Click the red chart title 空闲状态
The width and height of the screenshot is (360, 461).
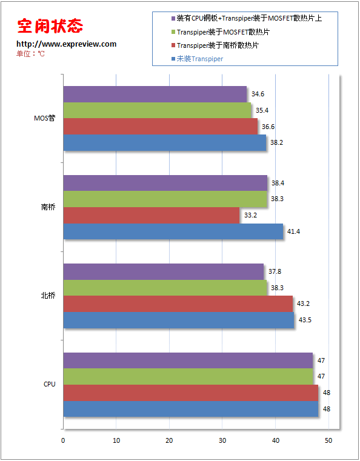click(x=50, y=26)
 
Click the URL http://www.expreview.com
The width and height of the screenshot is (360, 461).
click(x=67, y=44)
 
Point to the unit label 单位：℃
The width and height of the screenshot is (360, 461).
click(x=30, y=54)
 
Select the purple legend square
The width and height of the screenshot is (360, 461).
click(x=173, y=19)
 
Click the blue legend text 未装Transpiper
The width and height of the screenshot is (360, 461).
click(x=200, y=59)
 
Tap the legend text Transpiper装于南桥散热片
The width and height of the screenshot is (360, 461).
click(x=218, y=45)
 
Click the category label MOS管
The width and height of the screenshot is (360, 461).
click(x=44, y=118)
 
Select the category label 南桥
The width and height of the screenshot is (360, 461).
click(x=48, y=207)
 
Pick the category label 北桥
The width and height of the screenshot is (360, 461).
click(x=48, y=296)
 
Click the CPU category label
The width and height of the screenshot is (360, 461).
click(x=50, y=384)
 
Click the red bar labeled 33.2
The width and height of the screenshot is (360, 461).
click(x=152, y=215)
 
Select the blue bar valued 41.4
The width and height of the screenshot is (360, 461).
click(x=173, y=231)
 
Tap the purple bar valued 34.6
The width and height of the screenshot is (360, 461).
click(x=155, y=94)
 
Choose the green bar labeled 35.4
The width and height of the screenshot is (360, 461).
click(x=158, y=110)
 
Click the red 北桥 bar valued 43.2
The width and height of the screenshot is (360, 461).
click(x=178, y=303)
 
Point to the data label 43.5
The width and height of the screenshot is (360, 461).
click(x=305, y=320)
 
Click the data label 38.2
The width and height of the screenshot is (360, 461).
click(x=276, y=142)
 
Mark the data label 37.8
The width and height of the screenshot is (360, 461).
click(x=275, y=271)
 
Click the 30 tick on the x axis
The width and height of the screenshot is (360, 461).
click(x=222, y=440)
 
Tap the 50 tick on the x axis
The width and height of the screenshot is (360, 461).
click(x=328, y=440)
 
